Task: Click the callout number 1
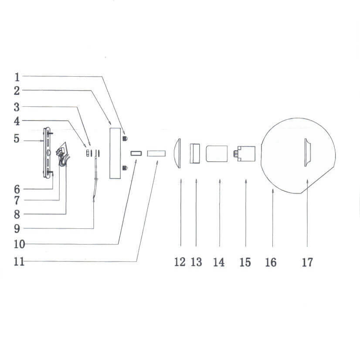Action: coord(17,77)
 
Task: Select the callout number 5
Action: coord(17,139)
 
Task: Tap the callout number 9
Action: coord(17,228)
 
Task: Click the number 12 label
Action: coord(180,262)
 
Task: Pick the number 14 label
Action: coord(219,262)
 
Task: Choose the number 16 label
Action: coord(271,262)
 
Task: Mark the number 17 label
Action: coord(307,262)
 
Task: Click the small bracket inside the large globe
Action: coord(307,152)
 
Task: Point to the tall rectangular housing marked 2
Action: coord(116,153)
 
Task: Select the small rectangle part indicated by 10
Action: coord(136,153)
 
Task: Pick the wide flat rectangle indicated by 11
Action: coord(156,153)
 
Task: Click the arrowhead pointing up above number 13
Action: coord(196,180)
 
